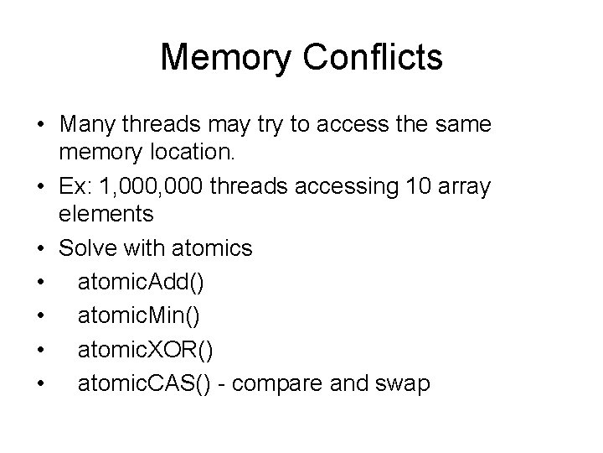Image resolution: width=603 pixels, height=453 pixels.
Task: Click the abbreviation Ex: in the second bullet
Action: point(76,185)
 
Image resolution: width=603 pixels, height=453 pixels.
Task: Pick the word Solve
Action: point(86,247)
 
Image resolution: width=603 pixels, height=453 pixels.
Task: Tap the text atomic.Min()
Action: point(138,316)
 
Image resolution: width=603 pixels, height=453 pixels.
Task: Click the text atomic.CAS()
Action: point(144,383)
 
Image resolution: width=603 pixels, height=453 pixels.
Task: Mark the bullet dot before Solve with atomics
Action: point(41,248)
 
